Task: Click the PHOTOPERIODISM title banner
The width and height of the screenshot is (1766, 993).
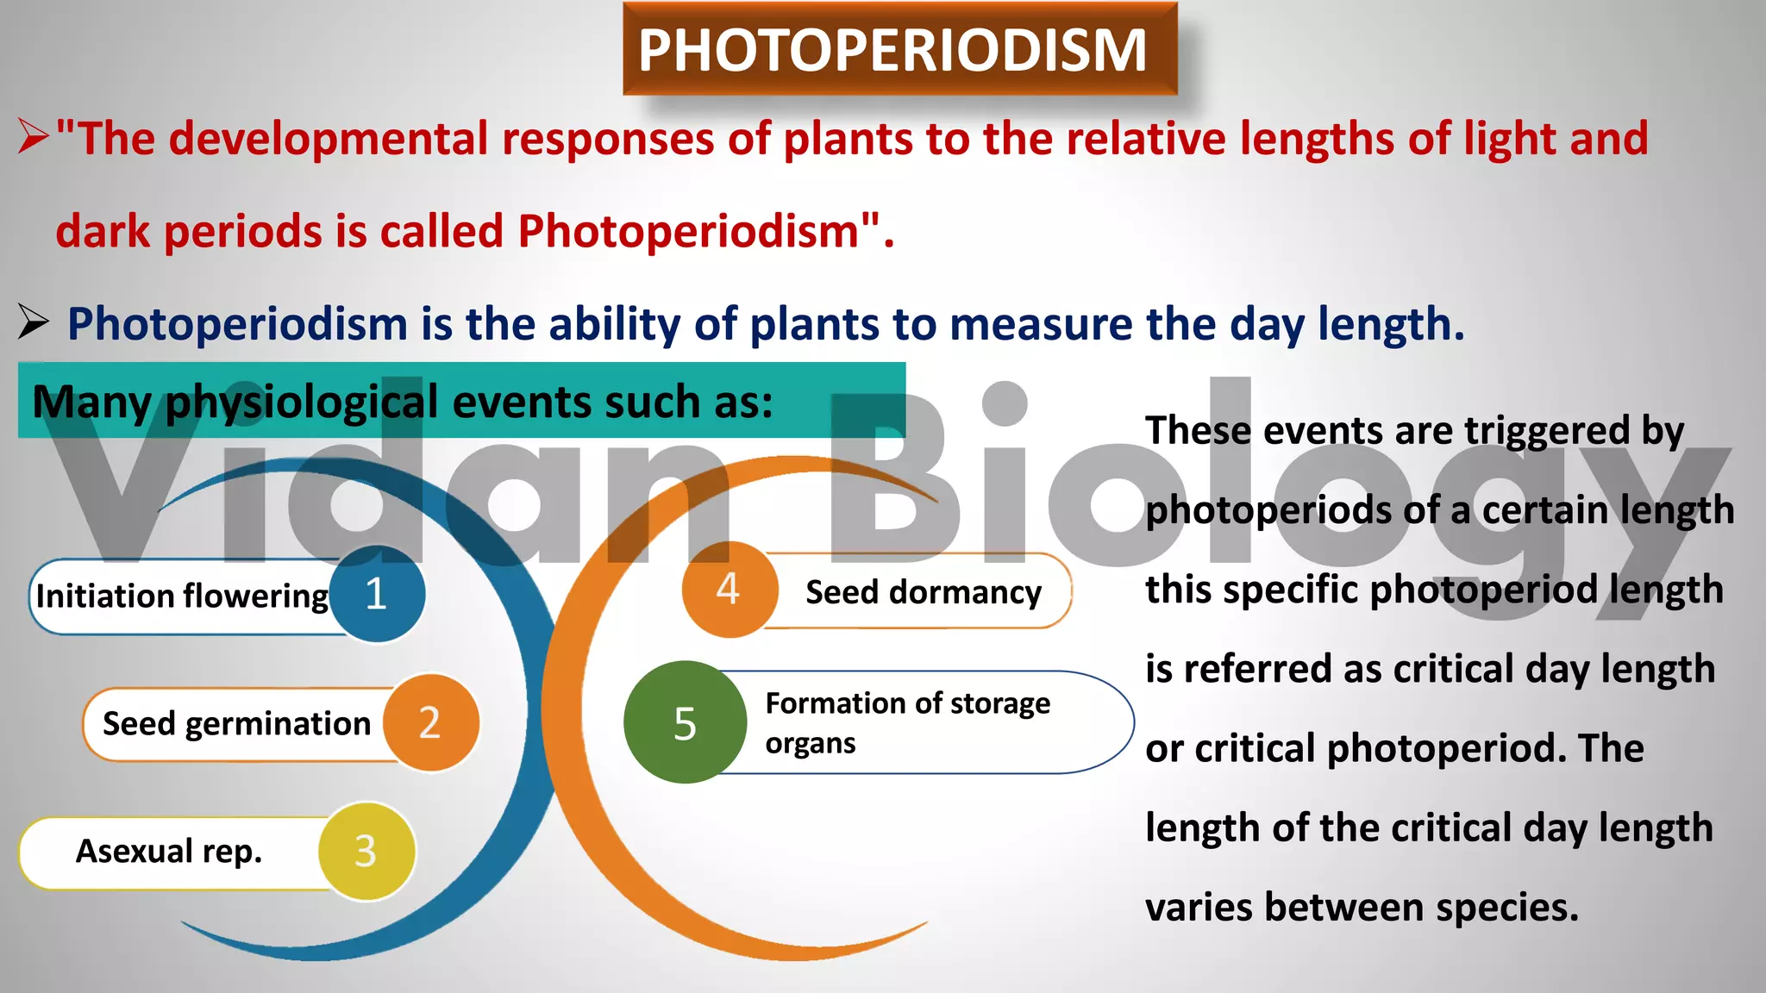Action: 899,49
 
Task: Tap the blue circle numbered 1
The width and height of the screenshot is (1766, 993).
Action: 377,594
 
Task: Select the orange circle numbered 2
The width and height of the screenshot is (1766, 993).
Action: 429,722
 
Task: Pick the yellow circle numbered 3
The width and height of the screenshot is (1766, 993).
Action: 366,851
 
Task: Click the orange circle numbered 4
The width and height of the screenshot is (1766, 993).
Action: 729,590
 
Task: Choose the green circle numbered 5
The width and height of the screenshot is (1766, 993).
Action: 686,722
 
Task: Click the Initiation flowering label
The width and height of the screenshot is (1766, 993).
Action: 182,596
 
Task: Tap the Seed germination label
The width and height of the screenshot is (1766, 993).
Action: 236,723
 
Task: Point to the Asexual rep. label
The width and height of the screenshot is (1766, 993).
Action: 169,851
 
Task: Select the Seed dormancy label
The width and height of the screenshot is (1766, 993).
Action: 923,592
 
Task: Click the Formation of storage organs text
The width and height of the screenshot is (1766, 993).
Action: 907,722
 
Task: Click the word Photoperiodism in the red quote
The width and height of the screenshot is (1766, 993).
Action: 688,231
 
